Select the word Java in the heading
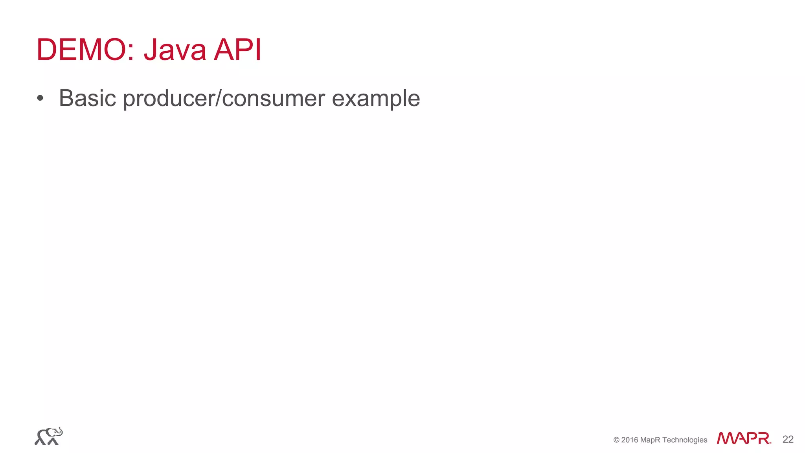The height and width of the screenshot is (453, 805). point(175,50)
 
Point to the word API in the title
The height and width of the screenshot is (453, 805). point(237,50)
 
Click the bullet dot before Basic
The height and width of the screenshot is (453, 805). point(40,98)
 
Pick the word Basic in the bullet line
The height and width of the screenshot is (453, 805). point(87,98)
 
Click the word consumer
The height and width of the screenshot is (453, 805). point(273,99)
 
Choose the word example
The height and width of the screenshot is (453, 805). point(376,99)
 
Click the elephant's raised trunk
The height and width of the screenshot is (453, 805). point(60,431)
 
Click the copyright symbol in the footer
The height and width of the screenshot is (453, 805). point(616,440)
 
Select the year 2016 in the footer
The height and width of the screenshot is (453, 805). point(630,440)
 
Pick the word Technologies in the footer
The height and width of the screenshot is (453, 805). point(685,440)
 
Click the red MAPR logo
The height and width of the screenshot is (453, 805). point(743,438)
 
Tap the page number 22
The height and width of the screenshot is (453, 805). point(788,439)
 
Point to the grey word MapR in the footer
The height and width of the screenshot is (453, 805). point(650,440)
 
